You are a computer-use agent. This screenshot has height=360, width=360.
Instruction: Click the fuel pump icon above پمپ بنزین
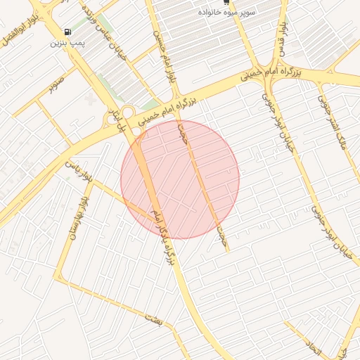click(x=67, y=32)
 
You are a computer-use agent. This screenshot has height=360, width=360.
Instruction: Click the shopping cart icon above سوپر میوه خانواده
click(x=226, y=3)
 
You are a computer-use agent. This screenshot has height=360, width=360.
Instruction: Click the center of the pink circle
click(x=180, y=179)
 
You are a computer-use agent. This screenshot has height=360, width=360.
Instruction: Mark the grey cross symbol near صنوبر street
click(x=89, y=101)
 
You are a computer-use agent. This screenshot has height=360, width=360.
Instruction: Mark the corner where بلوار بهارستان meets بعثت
click(x=58, y=279)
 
